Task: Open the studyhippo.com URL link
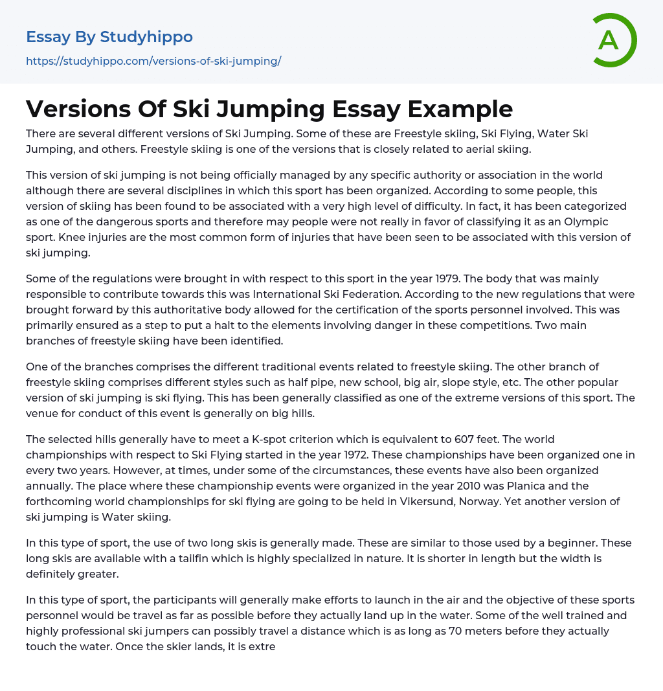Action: pos(153,62)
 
